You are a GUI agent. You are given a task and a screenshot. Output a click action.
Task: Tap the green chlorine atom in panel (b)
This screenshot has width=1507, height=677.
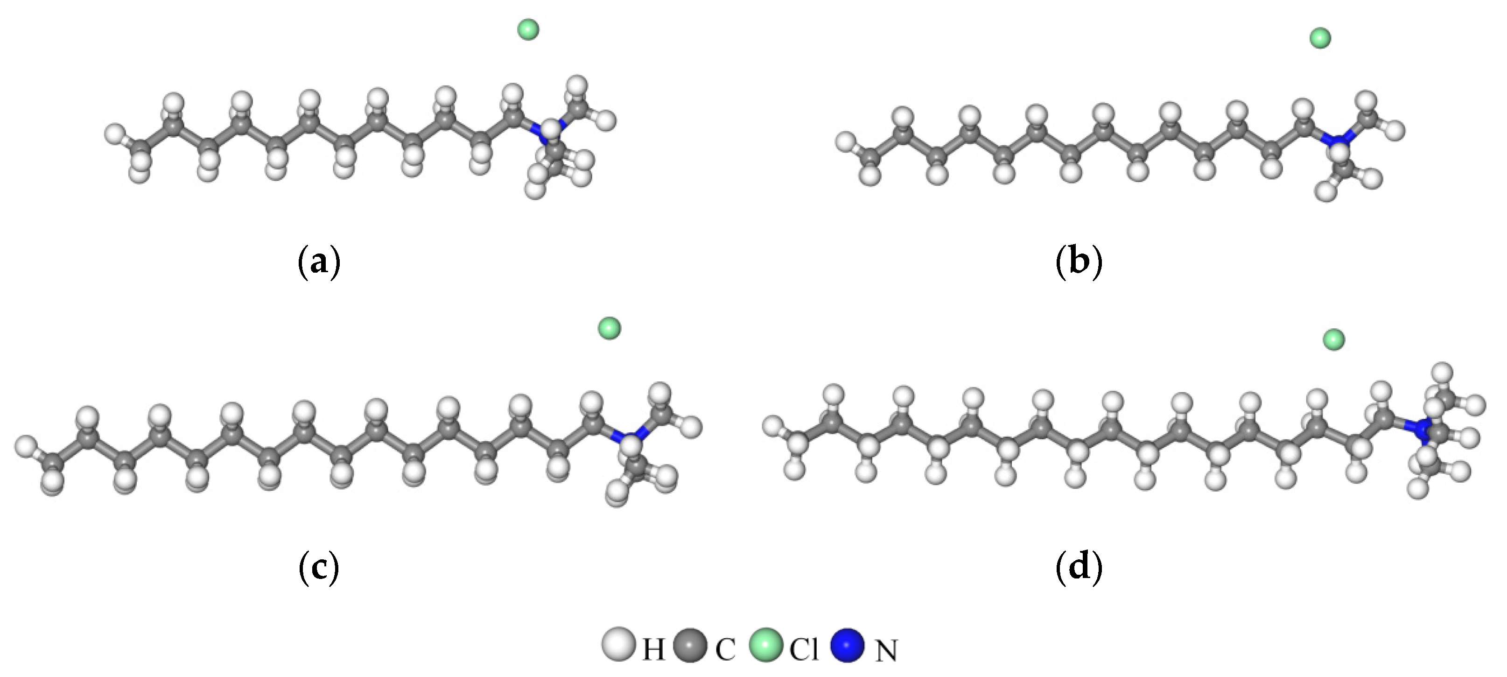(x=1320, y=39)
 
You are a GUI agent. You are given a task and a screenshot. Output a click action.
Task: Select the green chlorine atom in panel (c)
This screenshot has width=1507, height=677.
(x=609, y=328)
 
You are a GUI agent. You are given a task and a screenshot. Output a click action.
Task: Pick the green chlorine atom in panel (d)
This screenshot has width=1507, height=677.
(x=1334, y=339)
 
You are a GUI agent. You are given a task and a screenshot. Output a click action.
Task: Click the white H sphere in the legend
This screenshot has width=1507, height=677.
(x=618, y=645)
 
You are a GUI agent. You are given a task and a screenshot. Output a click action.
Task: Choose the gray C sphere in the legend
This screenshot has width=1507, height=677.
(x=692, y=645)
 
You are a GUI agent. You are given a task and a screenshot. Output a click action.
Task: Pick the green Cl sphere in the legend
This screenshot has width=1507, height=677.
(x=766, y=645)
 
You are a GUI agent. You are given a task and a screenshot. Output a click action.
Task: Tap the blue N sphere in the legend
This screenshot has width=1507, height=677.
(x=847, y=645)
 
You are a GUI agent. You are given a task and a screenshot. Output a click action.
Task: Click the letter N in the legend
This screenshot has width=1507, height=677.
(x=886, y=651)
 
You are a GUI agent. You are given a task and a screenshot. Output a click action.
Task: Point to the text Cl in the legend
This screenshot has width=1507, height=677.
(x=804, y=649)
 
